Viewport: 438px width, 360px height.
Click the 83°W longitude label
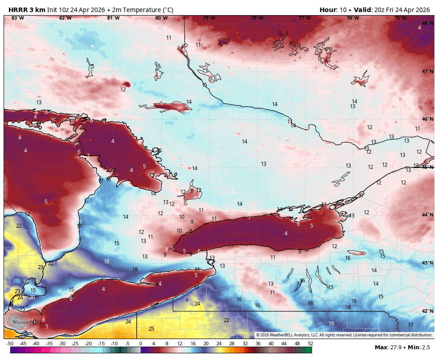tap(17, 18)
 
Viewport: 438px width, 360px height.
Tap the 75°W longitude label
tap(400, 18)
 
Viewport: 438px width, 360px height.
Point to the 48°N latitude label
tap(427, 23)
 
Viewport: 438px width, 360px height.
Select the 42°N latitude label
tap(427, 311)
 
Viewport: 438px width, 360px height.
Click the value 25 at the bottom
tap(151, 329)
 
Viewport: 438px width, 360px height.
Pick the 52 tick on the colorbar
tap(310, 344)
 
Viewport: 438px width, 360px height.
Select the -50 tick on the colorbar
tap(10, 344)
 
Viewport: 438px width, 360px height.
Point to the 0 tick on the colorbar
tap(140, 344)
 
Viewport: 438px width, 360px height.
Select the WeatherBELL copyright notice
tap(344, 335)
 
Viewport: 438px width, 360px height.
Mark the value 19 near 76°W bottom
tap(331, 323)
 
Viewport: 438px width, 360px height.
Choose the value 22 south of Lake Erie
tap(227, 320)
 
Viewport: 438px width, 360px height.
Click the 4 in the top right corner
tap(419, 28)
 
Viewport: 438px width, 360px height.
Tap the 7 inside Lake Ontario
tap(249, 217)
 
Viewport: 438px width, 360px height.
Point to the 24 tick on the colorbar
tap(219, 344)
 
